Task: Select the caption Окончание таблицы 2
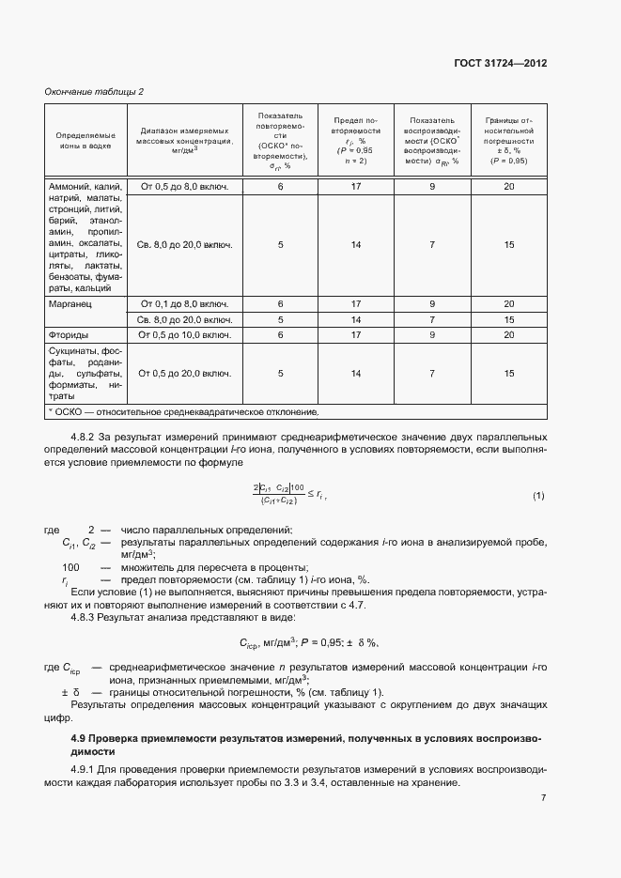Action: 94,91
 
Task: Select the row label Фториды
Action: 69,334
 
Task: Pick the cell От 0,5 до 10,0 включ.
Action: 184,334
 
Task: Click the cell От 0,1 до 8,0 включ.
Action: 184,304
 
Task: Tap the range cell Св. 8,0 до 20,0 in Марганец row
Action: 184,319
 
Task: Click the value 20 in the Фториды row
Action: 508,334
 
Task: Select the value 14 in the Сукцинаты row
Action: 356,373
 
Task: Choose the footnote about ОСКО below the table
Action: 183,411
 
